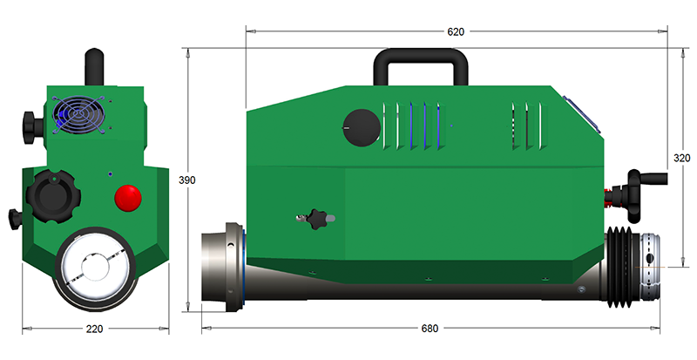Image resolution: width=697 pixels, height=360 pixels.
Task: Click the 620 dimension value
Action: pos(455,31)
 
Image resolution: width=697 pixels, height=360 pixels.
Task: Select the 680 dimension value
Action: pos(430,329)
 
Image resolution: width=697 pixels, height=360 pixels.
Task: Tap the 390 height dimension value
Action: pos(187,180)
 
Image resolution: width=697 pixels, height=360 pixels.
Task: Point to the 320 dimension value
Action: pos(682,158)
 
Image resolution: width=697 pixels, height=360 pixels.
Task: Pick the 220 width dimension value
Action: pos(94,329)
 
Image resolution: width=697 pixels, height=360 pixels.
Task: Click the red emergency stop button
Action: pos(128,198)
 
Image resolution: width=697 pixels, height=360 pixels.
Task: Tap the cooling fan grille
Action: pos(79,114)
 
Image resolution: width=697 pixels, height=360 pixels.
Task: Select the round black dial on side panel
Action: pos(362,127)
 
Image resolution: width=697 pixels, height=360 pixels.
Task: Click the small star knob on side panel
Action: pos(316,219)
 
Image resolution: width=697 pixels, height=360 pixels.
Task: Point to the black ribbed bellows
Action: pos(620,267)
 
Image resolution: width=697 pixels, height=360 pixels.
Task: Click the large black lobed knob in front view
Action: pos(53,197)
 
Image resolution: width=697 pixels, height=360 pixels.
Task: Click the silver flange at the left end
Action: pos(222,267)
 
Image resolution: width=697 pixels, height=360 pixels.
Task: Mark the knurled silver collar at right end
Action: pos(648,268)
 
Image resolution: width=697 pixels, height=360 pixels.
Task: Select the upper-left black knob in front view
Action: pos(33,128)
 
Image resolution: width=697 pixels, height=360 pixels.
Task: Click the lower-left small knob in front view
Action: pos(16,219)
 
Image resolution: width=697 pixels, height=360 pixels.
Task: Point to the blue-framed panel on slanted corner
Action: pos(582,114)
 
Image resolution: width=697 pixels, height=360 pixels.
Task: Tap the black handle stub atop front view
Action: pos(94,67)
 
